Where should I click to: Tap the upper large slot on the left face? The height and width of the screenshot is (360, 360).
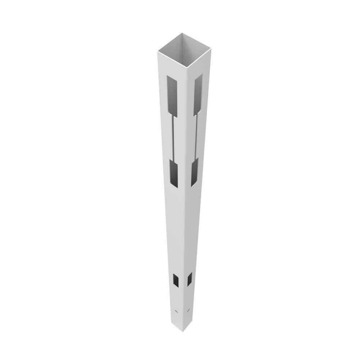click(x=172, y=96)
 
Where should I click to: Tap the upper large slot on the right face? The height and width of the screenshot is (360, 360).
click(x=198, y=95)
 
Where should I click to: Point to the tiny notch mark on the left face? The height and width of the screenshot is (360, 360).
click(x=176, y=310)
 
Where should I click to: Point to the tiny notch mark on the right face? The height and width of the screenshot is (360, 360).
click(x=188, y=310)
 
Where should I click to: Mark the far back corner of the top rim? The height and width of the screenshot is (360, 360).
click(x=182, y=33)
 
